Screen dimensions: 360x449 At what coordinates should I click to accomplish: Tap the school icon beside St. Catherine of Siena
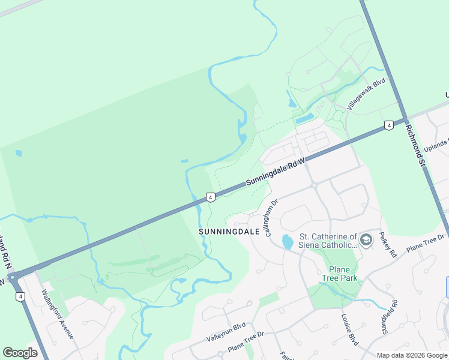(x=366, y=241)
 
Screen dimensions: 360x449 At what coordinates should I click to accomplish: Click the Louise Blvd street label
(x=349, y=329)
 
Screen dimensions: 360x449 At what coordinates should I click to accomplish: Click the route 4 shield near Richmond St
(x=389, y=125)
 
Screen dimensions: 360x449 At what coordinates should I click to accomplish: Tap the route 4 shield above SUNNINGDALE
(x=210, y=197)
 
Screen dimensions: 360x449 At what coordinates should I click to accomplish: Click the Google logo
(x=20, y=353)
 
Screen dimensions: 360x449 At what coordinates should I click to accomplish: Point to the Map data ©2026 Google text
(x=412, y=355)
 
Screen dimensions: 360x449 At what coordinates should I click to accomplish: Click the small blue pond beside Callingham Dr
(x=288, y=242)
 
